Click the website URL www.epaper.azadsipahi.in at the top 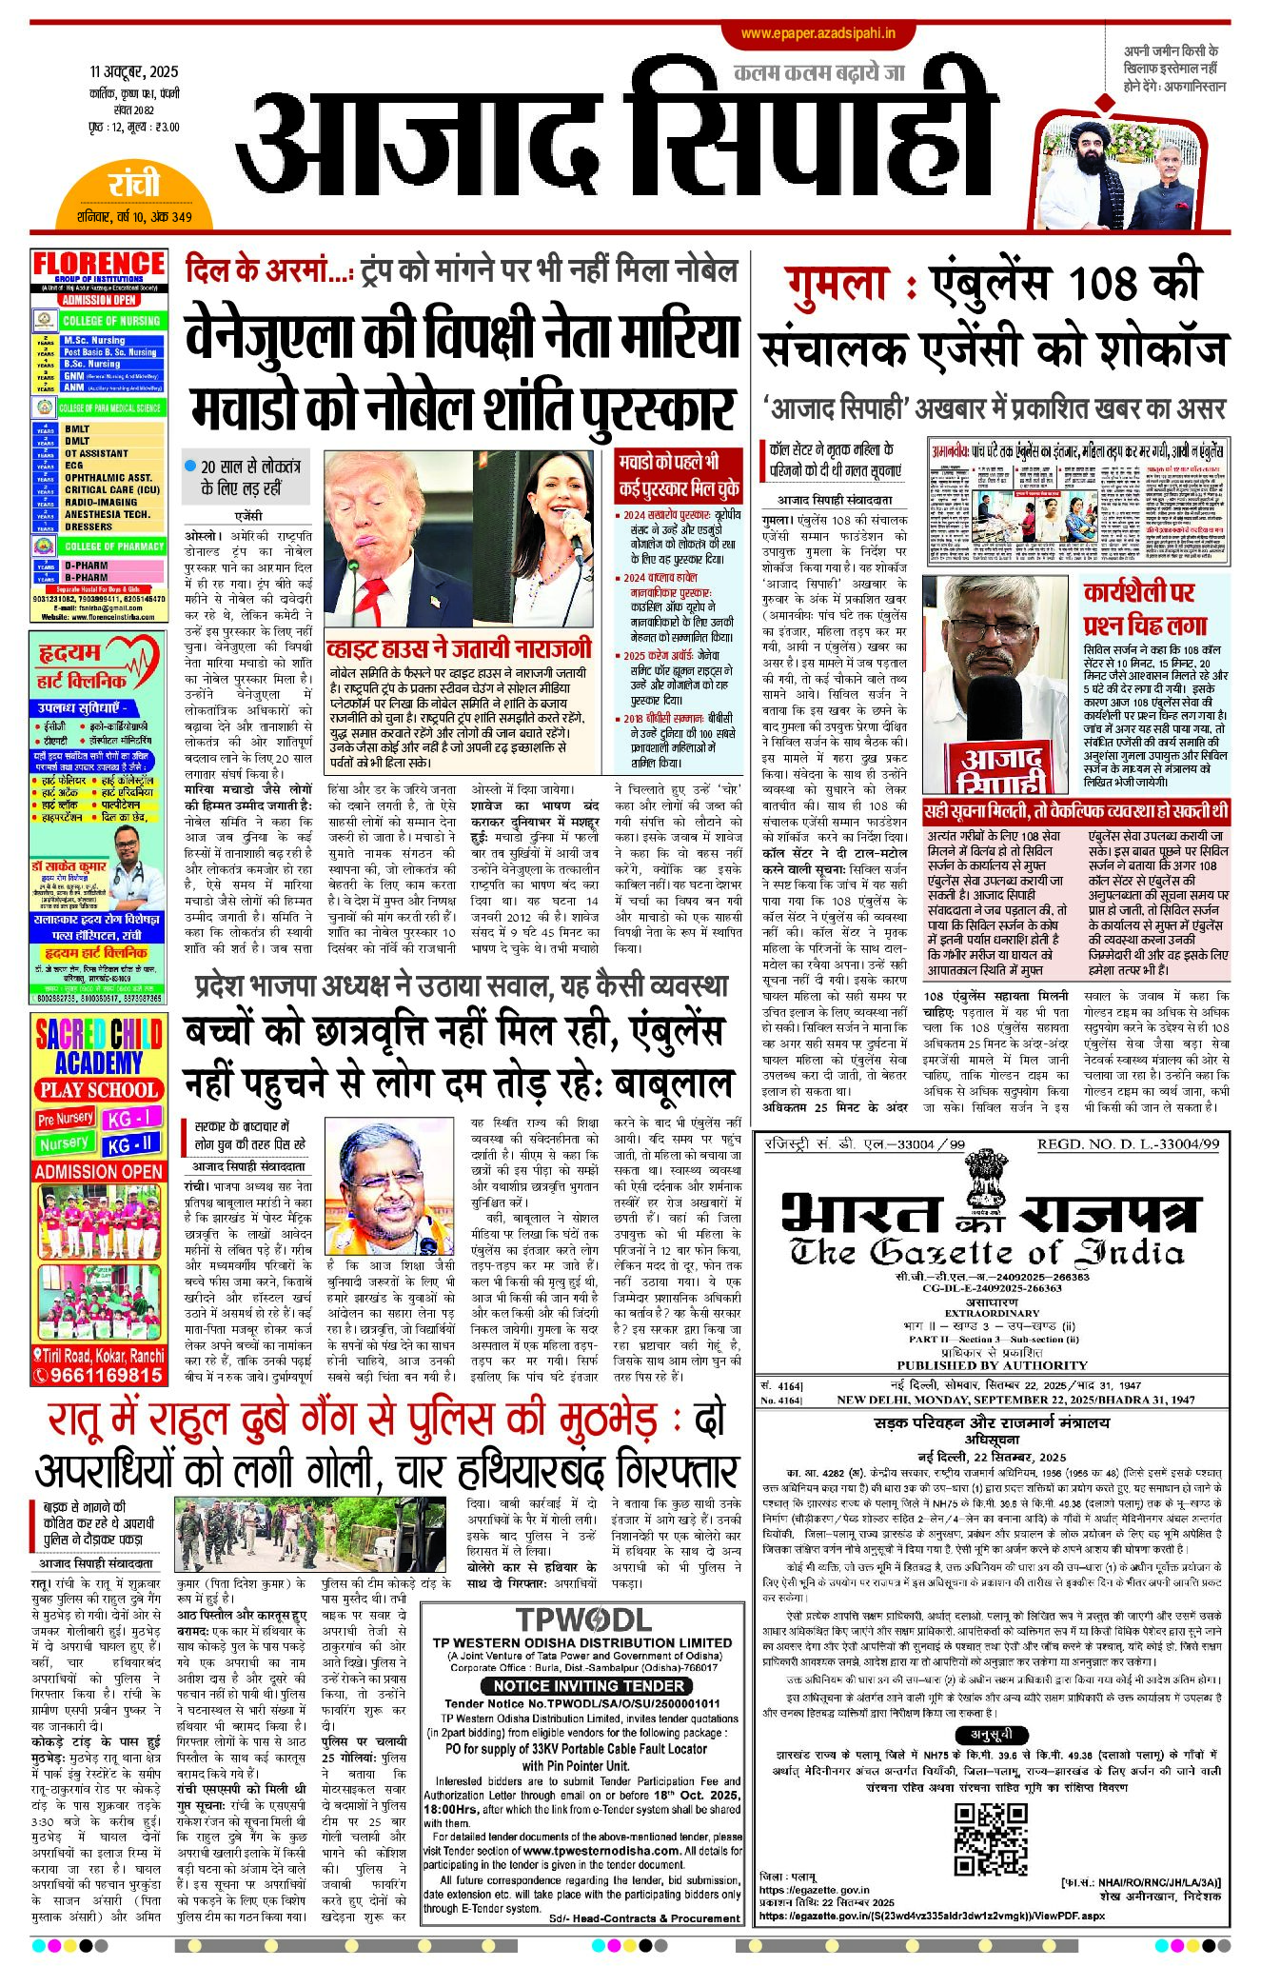[818, 33]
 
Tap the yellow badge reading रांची [134, 184]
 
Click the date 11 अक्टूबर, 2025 [134, 72]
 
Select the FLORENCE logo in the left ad [99, 266]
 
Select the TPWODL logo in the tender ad [582, 1619]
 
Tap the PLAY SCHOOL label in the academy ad [98, 1089]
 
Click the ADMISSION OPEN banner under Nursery [98, 1171]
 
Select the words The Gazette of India [986, 1252]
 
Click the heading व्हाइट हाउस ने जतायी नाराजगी [459, 649]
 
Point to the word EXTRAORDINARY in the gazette [991, 1313]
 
